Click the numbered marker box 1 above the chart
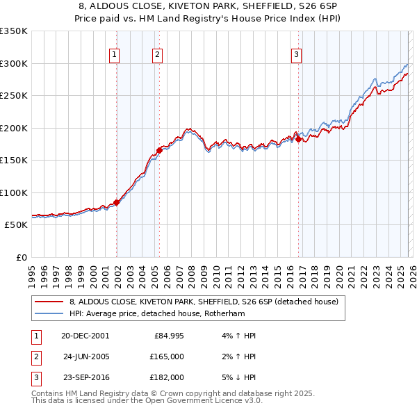pos(114,55)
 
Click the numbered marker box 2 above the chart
pos(158,55)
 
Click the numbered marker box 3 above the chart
pos(296,55)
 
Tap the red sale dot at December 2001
pos(117,202)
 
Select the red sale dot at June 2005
pos(160,149)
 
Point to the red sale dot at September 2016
pos(299,139)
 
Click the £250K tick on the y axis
pos(14,96)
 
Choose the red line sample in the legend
pos(49,302)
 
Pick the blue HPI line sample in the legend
pos(49,313)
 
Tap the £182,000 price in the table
pos(167,377)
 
